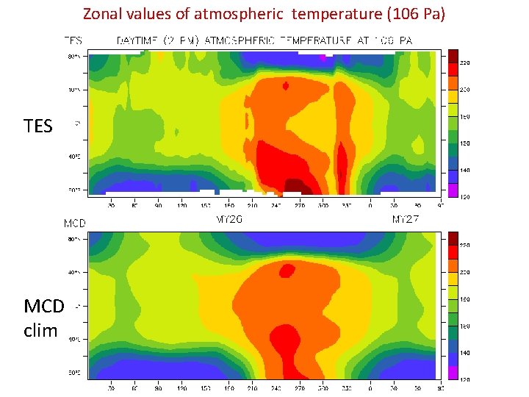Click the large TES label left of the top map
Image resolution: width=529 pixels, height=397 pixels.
coord(38,126)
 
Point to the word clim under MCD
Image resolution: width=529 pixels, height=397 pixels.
coord(40,330)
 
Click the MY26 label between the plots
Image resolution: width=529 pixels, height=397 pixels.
coord(228,220)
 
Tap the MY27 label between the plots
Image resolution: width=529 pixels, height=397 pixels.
coord(406,220)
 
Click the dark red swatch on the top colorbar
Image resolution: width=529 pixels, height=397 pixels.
coord(454,56)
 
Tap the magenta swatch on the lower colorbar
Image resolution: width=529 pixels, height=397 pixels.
coord(454,372)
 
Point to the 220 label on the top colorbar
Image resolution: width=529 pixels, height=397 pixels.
coord(466,63)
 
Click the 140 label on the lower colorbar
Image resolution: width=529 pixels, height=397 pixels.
coord(466,353)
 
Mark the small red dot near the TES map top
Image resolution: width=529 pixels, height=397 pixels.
coord(286,86)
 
